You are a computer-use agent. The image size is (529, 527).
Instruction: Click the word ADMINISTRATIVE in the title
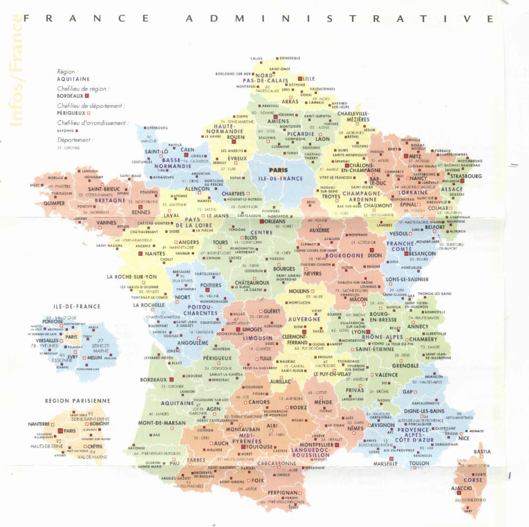(x=339, y=19)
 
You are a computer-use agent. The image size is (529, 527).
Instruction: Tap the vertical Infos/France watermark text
(x=16, y=71)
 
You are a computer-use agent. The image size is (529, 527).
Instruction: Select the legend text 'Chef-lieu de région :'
(x=83, y=89)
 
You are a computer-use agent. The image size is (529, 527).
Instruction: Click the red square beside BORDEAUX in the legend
(x=87, y=96)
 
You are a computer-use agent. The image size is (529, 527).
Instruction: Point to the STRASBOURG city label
(x=466, y=176)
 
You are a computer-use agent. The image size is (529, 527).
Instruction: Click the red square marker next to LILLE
(x=300, y=79)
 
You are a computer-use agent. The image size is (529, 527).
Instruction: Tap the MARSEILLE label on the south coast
(x=385, y=464)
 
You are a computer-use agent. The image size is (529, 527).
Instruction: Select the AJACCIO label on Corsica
(x=461, y=488)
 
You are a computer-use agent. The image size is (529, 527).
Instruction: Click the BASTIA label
(x=482, y=452)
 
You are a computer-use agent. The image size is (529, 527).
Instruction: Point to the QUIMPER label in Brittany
(x=54, y=203)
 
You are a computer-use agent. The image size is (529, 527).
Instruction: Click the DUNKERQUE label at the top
(x=290, y=58)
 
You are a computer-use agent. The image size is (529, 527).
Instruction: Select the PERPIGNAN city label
(x=282, y=492)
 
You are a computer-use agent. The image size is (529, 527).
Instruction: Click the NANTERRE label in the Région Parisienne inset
(x=39, y=424)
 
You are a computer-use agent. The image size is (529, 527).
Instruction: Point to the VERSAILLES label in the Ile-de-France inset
(x=47, y=340)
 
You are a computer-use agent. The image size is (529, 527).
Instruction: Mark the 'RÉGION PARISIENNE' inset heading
(x=77, y=401)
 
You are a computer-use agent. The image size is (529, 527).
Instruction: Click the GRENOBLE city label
(x=405, y=366)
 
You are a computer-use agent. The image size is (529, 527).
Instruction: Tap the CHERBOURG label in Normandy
(x=157, y=128)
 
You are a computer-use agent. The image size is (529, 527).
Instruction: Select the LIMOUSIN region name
(x=257, y=338)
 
